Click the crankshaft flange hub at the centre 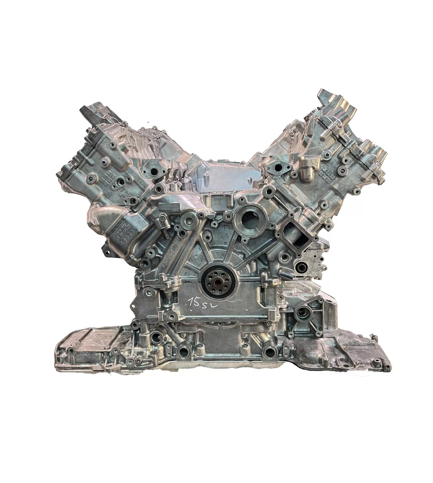point(217,275)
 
